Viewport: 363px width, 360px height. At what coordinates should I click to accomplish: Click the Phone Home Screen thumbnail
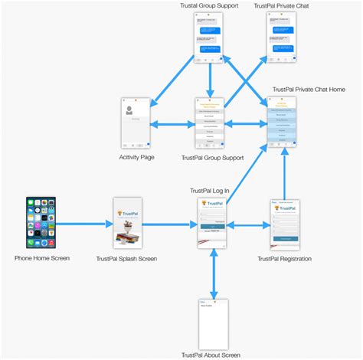[41, 223]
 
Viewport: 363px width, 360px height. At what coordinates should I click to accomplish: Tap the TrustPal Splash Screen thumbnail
[128, 224]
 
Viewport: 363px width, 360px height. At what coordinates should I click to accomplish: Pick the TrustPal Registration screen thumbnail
[284, 224]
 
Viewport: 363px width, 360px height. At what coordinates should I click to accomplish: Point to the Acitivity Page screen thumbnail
[136, 123]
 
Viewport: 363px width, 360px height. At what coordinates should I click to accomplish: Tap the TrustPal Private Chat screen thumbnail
[282, 38]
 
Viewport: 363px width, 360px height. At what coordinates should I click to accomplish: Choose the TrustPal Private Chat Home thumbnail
[282, 123]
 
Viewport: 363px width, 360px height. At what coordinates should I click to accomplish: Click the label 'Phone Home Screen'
[42, 258]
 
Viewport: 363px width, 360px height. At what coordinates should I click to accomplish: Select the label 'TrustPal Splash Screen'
[127, 259]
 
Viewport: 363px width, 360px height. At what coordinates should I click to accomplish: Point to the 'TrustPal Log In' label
[210, 191]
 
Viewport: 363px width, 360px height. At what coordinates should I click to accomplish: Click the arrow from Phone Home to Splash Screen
[83, 224]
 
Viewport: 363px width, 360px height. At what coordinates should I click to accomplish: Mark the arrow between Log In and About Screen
[213, 273]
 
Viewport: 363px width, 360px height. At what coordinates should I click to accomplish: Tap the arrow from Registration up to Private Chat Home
[284, 173]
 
